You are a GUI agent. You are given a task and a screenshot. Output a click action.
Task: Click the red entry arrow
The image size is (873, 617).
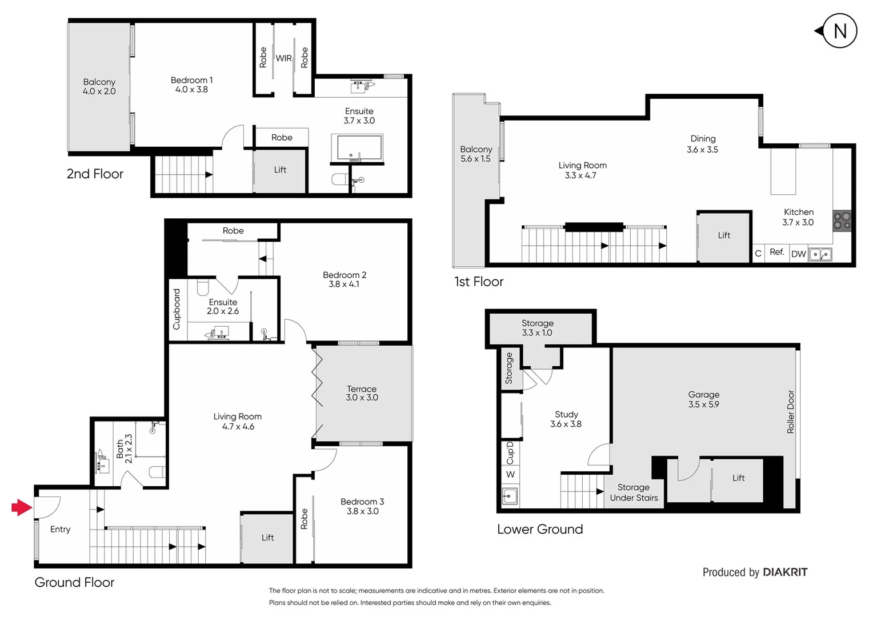22,507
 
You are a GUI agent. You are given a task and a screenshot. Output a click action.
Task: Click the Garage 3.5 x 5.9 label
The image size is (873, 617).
703,399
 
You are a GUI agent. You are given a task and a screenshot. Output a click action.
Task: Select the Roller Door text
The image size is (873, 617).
791,411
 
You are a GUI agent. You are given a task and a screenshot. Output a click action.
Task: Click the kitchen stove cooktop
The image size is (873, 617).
842,221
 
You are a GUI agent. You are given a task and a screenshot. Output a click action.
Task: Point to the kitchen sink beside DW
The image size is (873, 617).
820,254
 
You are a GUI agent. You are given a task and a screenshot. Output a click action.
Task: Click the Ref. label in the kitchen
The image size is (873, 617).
776,252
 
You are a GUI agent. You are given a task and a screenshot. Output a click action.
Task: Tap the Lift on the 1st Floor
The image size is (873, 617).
723,235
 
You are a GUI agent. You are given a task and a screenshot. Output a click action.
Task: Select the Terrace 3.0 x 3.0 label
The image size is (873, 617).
362,393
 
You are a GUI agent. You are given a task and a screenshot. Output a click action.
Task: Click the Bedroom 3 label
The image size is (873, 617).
362,506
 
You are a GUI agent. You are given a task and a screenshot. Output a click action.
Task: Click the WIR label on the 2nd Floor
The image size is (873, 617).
283,58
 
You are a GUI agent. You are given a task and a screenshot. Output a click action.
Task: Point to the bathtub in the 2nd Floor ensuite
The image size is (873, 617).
357,149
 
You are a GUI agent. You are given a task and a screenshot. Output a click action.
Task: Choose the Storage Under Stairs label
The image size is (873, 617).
634,492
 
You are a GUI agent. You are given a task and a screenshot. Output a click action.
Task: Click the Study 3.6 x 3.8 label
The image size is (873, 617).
566,419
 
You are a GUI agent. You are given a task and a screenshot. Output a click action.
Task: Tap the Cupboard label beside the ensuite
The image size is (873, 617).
177,309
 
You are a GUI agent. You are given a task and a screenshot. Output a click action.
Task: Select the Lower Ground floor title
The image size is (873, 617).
540,529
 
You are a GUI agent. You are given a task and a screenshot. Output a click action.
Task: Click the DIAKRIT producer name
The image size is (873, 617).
785,572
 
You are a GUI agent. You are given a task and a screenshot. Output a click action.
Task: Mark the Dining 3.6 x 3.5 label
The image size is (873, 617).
702,144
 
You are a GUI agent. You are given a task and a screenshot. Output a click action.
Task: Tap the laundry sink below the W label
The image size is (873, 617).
509,496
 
